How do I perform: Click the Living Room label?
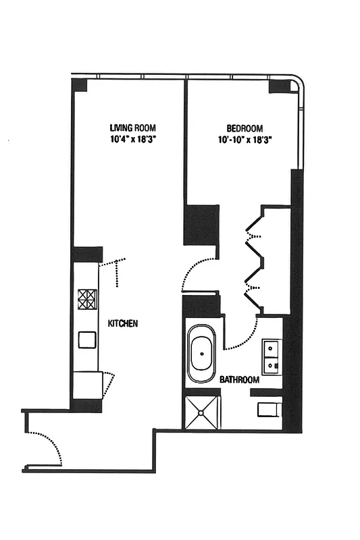click(x=137, y=127)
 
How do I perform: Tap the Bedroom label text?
click(x=245, y=128)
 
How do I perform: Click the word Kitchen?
click(x=124, y=323)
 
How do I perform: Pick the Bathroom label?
click(x=239, y=380)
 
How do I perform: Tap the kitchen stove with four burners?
click(x=87, y=299)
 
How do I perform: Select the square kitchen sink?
click(x=87, y=339)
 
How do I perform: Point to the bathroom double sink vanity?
click(x=272, y=356)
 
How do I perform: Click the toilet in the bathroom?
click(x=269, y=409)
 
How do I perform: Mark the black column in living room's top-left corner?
click(x=80, y=86)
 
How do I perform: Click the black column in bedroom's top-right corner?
click(x=278, y=86)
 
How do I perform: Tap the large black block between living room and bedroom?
click(x=202, y=225)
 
